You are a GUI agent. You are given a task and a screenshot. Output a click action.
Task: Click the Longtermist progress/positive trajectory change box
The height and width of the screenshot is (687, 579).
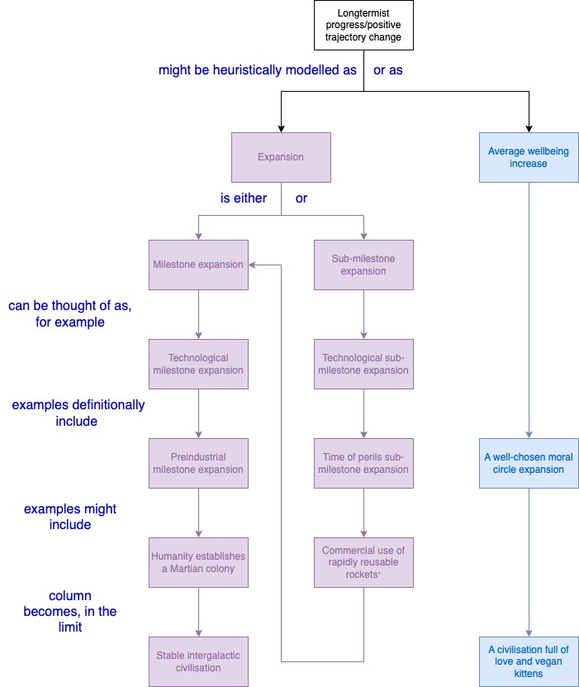[x=363, y=25]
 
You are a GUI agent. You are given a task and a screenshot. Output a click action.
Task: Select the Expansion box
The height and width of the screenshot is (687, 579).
[x=281, y=157]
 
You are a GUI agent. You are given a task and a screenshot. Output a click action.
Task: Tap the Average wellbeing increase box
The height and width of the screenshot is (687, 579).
[x=529, y=157]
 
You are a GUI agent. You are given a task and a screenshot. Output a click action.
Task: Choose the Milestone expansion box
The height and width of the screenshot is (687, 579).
[x=198, y=265]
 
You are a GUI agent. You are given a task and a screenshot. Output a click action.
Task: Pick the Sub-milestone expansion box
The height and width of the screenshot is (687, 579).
[x=363, y=265]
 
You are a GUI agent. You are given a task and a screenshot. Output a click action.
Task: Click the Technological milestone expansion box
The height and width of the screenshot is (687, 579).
[x=198, y=364]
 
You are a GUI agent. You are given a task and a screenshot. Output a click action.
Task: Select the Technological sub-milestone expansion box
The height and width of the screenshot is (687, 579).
[x=363, y=364]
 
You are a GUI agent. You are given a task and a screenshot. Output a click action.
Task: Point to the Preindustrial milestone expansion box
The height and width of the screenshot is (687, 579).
[x=198, y=463]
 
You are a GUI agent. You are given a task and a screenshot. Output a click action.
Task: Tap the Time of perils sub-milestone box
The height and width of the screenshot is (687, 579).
[x=363, y=463]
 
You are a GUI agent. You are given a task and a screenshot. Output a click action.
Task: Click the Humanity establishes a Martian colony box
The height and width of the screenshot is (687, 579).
[x=198, y=562]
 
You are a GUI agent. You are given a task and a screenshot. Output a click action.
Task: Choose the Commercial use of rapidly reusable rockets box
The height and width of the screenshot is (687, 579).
[x=363, y=562]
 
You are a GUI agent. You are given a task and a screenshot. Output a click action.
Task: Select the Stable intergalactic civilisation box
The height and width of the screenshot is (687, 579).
[x=198, y=661]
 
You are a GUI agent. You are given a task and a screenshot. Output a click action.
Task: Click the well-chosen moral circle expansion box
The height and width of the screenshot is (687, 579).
[x=529, y=463]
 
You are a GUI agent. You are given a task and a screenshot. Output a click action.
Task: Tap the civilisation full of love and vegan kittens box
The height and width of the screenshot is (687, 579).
[x=529, y=661]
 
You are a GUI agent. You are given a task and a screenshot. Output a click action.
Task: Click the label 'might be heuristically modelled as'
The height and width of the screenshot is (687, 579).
[x=258, y=70]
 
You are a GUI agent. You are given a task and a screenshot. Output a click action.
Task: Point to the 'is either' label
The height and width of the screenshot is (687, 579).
[x=244, y=198]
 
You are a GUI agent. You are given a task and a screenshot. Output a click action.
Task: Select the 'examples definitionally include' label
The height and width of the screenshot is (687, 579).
[x=78, y=413]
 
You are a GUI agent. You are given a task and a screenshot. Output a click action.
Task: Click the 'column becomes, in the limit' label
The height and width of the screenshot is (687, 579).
[x=70, y=611]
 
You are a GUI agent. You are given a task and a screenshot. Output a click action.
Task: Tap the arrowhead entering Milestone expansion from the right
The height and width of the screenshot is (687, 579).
[x=252, y=265]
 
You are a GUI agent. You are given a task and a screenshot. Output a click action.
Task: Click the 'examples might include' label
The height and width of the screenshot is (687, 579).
[x=70, y=517]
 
